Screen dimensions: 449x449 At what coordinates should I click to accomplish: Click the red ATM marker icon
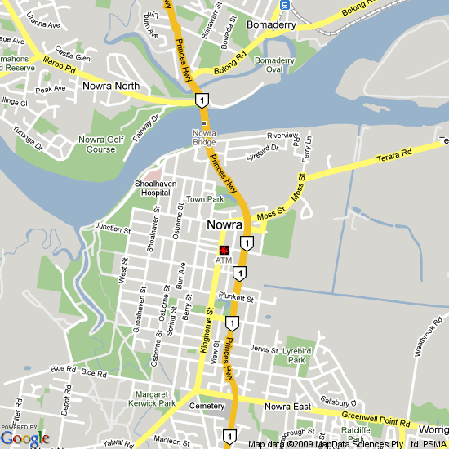224,250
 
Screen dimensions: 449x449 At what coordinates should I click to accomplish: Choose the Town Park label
204,199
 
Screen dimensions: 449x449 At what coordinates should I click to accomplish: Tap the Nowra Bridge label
204,137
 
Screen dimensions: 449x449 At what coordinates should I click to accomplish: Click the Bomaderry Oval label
274,65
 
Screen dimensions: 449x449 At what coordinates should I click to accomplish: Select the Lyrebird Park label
296,353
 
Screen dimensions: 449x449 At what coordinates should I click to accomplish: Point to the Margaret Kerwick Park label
144,398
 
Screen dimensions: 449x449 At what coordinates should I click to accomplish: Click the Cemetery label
206,406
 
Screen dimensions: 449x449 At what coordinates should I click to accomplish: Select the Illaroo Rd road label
60,64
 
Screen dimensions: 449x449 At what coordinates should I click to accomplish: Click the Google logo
24,438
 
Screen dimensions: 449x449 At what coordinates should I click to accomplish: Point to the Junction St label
112,228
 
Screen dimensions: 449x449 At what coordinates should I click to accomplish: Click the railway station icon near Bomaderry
285,5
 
